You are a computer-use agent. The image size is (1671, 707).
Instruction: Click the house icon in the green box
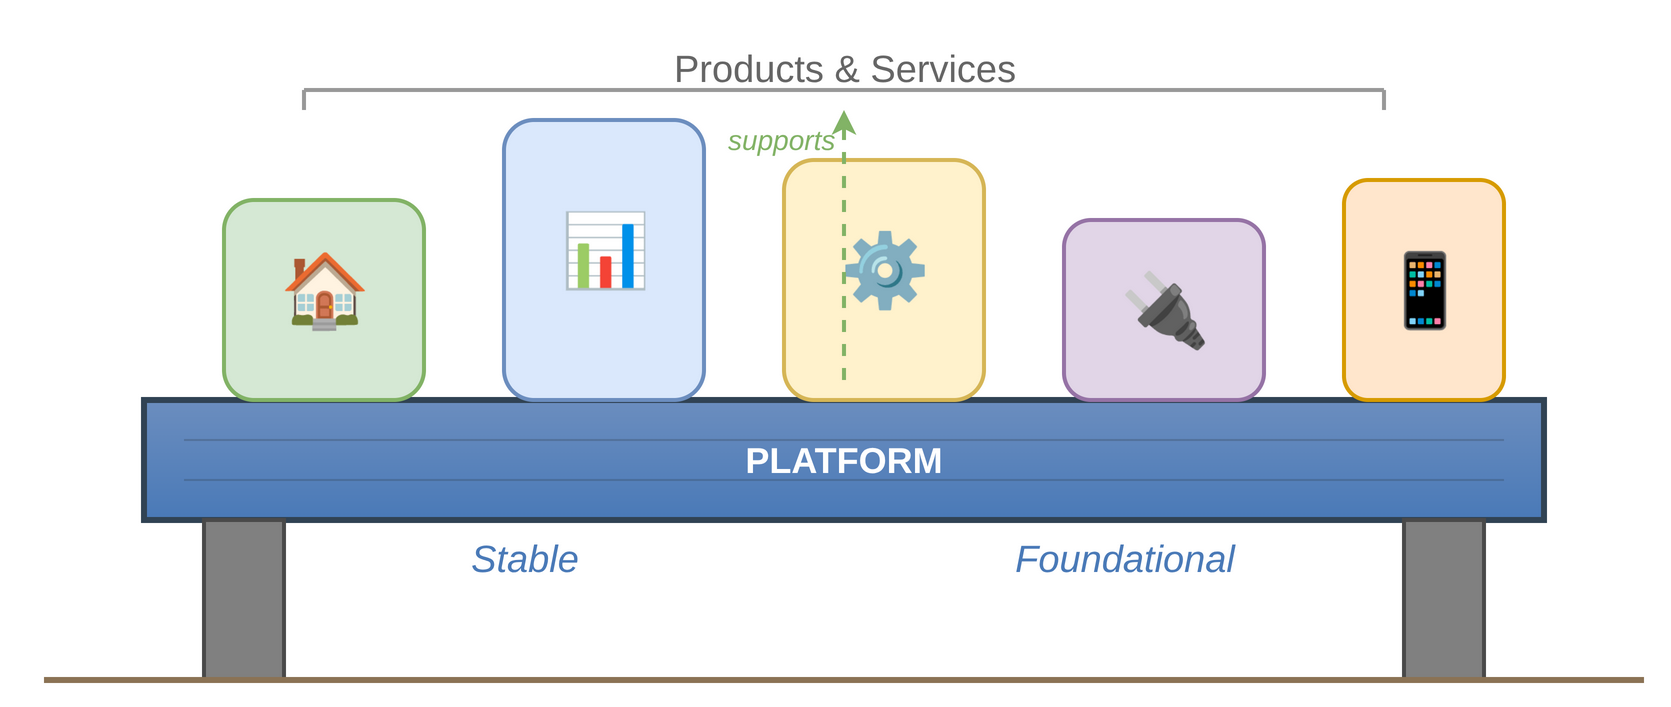click(324, 291)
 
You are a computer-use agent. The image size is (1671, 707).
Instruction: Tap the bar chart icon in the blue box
click(605, 251)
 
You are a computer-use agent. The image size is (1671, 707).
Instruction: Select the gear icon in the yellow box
click(885, 270)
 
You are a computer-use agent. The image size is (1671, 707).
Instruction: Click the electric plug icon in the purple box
click(1166, 311)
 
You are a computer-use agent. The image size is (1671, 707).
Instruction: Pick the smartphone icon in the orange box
click(1425, 291)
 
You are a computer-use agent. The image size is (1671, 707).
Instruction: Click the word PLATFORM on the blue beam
click(843, 461)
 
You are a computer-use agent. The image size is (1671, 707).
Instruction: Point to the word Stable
click(525, 559)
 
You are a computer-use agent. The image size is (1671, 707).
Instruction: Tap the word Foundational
click(1124, 559)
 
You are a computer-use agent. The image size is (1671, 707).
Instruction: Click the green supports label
click(780, 141)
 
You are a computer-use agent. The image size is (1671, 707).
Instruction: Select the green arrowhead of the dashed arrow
click(844, 123)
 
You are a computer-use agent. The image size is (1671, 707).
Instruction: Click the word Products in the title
click(748, 70)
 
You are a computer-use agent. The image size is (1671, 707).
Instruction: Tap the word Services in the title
click(942, 70)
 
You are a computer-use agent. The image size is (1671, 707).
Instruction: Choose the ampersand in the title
click(846, 70)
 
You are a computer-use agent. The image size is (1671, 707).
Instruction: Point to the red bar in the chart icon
click(605, 272)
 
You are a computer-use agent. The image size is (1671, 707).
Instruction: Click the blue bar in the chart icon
click(628, 256)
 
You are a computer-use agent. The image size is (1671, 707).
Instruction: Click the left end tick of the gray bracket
click(304, 100)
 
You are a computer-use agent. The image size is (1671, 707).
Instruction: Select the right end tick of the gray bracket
click(1384, 100)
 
